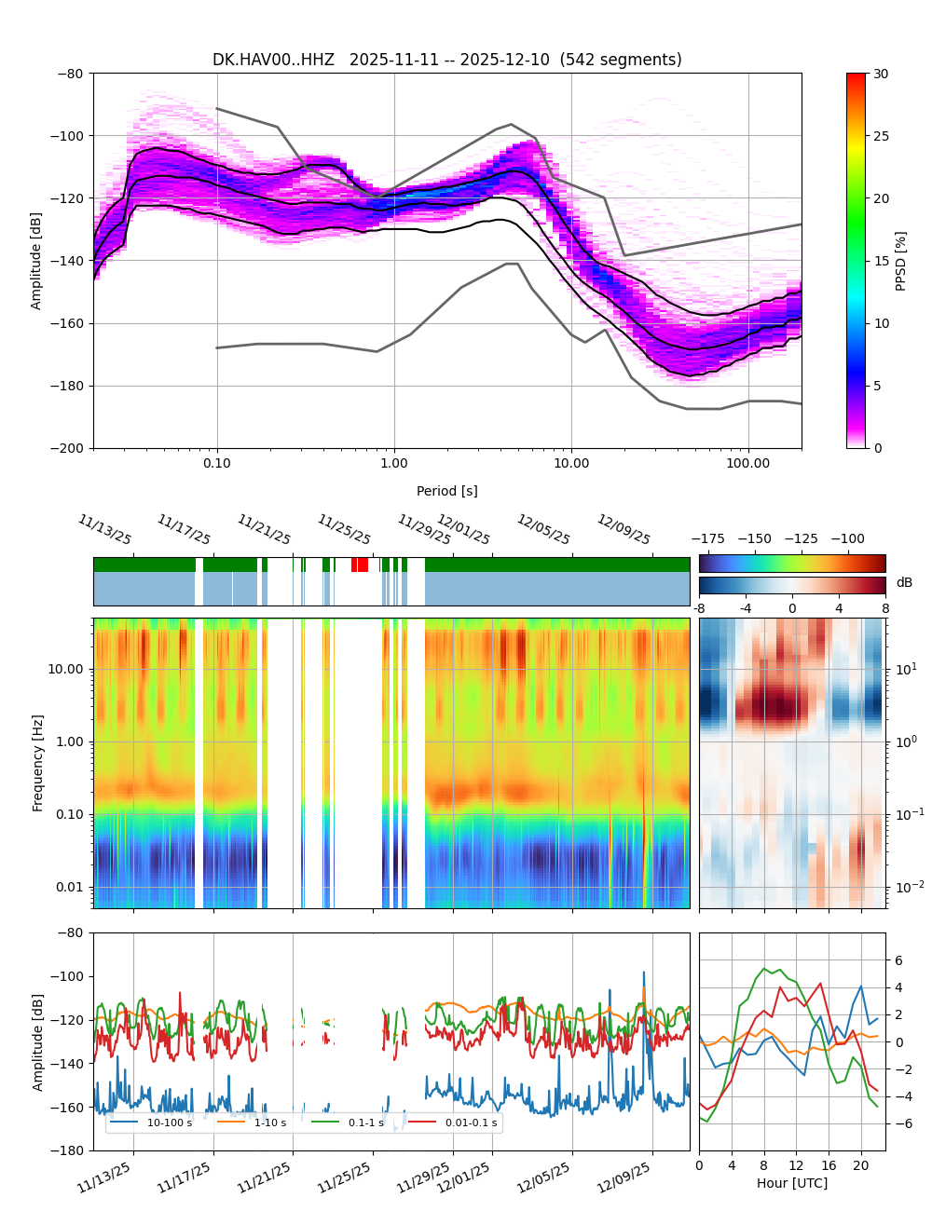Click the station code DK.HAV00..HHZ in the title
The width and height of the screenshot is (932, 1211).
point(273,60)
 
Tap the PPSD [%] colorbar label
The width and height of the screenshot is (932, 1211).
point(901,261)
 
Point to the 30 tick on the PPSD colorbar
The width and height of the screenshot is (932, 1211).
point(881,74)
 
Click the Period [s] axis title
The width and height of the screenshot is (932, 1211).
point(446,491)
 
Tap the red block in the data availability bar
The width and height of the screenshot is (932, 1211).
point(360,565)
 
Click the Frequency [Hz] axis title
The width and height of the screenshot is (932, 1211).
point(38,763)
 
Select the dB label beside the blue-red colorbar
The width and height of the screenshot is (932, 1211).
point(904,583)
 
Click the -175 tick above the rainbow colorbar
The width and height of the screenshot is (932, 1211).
point(712,538)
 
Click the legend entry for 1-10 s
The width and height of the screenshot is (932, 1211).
point(270,1123)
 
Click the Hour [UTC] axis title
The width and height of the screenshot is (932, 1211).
point(791,1183)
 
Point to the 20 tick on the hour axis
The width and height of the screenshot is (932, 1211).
point(860,1165)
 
